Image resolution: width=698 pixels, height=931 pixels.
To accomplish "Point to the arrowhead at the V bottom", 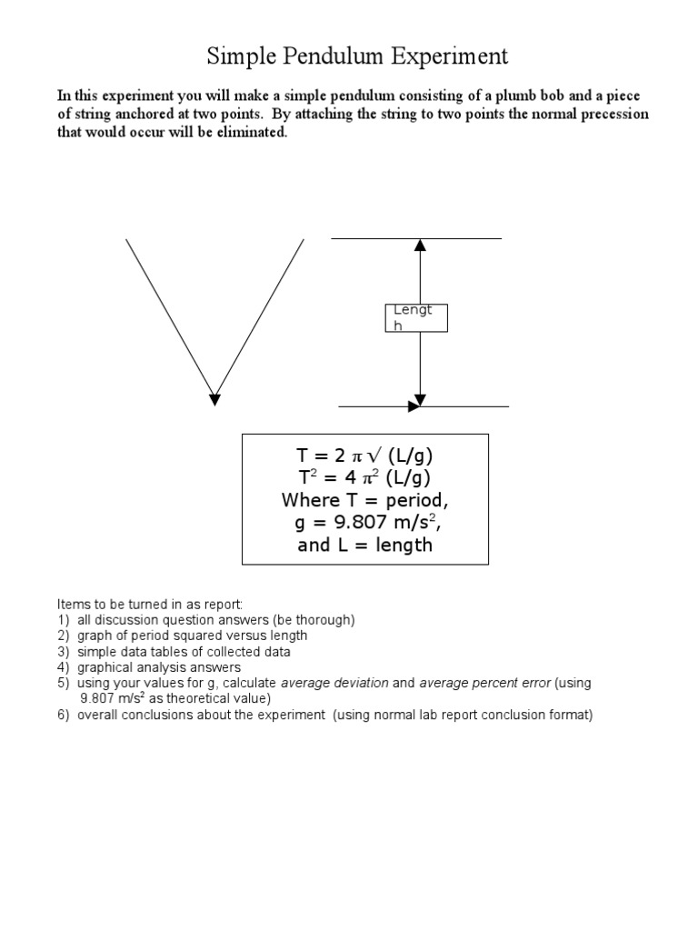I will pyautogui.click(x=214, y=397).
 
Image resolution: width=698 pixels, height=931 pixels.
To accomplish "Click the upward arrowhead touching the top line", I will pyautogui.click(x=420, y=245).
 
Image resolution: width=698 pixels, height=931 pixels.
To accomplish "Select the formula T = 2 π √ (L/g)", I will pyautogui.click(x=364, y=456).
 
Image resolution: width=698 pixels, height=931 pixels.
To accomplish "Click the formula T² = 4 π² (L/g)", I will pyautogui.click(x=364, y=478).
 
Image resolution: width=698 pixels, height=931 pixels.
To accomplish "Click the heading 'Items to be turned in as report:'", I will pyautogui.click(x=150, y=604).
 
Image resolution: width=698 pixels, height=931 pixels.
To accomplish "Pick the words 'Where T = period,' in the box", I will pyautogui.click(x=364, y=501).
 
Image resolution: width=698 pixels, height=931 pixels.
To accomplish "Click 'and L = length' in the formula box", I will pyautogui.click(x=364, y=546).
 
